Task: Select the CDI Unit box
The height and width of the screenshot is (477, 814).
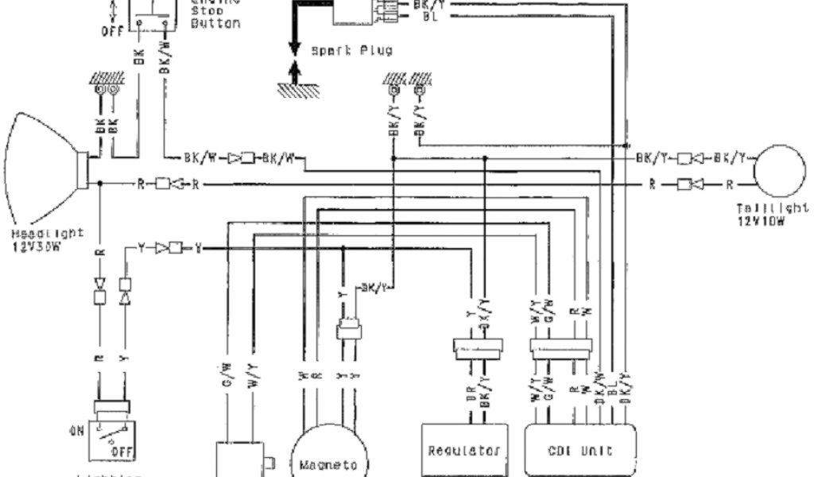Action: (582, 449)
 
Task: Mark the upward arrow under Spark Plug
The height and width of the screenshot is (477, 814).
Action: (295, 74)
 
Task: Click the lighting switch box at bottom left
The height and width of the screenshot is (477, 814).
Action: (111, 436)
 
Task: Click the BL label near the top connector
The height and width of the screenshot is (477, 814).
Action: (430, 16)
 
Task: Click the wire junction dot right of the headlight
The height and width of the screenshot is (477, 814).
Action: (99, 184)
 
